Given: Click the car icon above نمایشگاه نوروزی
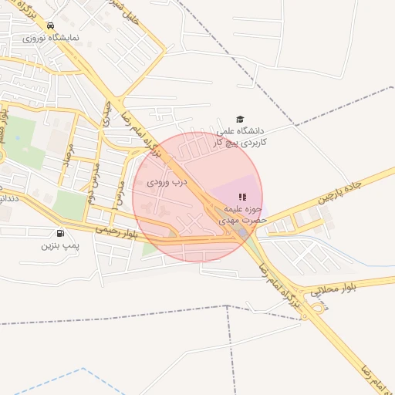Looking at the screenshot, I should point(51,25).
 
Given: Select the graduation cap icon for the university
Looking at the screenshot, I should point(240,120).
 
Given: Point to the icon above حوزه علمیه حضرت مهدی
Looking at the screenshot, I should point(244,197).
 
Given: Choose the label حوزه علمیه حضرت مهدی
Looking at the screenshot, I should point(244,214).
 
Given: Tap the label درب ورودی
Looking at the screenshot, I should point(167,183).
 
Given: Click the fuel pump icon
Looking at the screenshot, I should point(60,233).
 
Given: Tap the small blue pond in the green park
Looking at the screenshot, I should point(17,137).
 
